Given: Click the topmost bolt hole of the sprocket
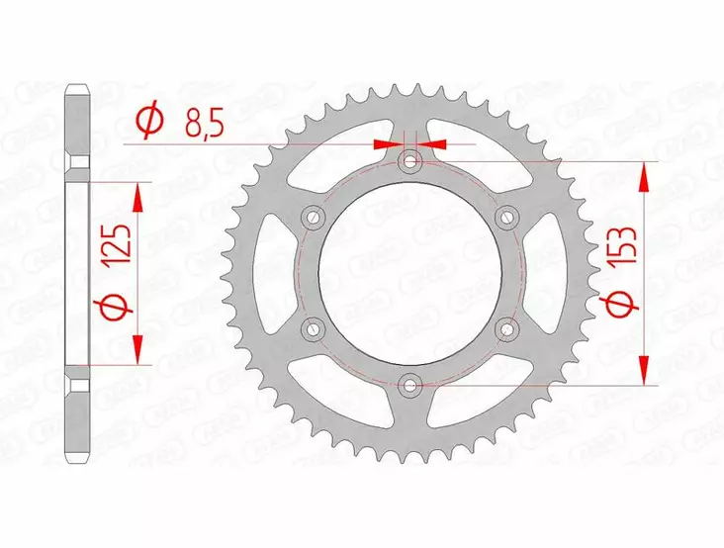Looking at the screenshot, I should coord(410,160).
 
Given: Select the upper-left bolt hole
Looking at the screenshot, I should coord(315,216).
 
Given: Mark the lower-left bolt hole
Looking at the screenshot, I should coord(315,327).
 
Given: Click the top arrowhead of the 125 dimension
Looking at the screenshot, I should coord(137,195).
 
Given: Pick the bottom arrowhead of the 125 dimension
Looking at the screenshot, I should coord(137,349).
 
